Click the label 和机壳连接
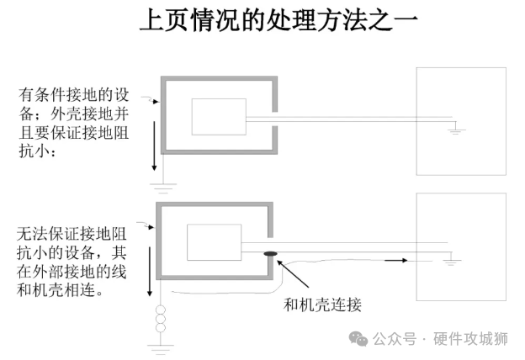[x=323, y=304]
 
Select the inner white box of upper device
[x=219, y=117]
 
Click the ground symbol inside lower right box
[x=452, y=262]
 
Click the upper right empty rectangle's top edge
[x=462, y=68]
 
